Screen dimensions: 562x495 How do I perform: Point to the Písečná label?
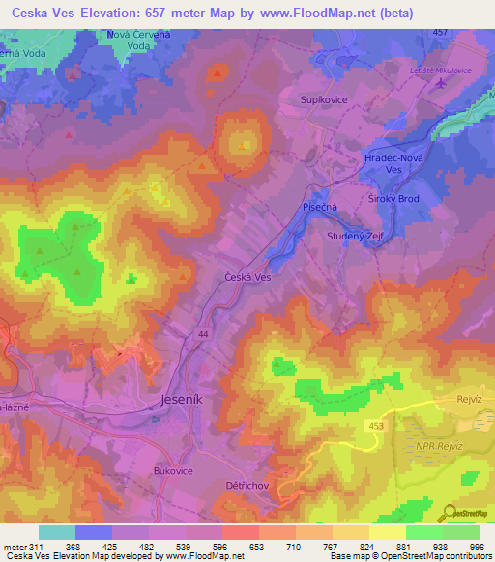point(317,206)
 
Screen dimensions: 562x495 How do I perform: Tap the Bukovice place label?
point(175,470)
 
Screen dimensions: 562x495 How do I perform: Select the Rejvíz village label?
point(469,399)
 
